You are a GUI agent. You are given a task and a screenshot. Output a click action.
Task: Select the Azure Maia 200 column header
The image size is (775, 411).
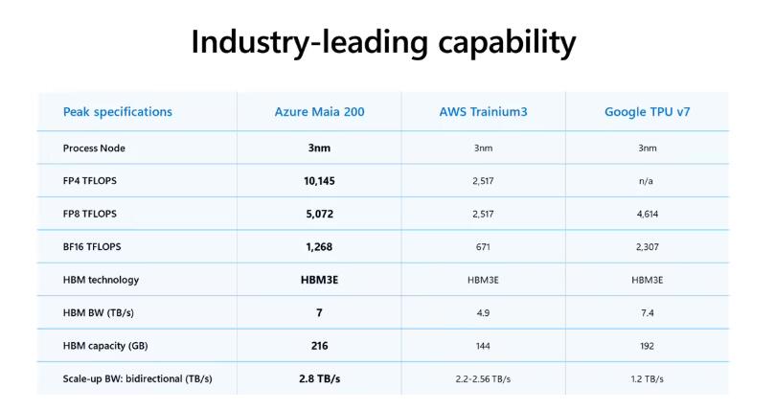point(319,112)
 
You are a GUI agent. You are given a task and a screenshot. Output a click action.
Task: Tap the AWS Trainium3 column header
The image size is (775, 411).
point(483,112)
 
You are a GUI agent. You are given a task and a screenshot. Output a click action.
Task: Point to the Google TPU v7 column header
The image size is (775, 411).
point(647,112)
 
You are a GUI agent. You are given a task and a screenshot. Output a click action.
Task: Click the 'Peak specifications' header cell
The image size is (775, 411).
point(117,112)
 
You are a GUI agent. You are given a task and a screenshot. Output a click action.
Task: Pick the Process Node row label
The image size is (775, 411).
point(94,148)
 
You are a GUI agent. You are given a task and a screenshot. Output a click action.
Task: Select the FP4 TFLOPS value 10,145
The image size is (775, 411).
point(319,181)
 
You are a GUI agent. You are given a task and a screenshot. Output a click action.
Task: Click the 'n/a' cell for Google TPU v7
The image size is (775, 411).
point(647,181)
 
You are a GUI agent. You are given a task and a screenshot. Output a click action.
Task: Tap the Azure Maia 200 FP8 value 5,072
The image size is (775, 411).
point(319,214)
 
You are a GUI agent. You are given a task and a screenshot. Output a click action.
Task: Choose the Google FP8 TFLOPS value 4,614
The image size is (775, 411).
point(647,214)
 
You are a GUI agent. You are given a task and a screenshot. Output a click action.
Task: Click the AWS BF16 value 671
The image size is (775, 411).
point(483,247)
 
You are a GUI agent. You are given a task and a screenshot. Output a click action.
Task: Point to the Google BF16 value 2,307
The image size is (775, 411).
point(647,247)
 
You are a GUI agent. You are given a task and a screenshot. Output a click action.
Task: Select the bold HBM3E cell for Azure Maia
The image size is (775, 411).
point(319,280)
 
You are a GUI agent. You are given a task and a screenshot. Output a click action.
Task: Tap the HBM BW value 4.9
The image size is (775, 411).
point(483,313)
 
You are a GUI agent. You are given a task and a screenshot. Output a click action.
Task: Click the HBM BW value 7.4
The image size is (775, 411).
point(647,313)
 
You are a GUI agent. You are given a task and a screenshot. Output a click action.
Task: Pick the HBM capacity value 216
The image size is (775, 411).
point(319,346)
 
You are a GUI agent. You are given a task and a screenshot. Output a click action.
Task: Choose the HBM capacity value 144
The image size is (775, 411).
point(483,346)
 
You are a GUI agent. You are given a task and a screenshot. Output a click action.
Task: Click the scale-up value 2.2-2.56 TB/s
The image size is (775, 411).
point(483,379)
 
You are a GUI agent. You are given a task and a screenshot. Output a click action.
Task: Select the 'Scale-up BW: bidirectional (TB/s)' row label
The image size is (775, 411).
point(137,379)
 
